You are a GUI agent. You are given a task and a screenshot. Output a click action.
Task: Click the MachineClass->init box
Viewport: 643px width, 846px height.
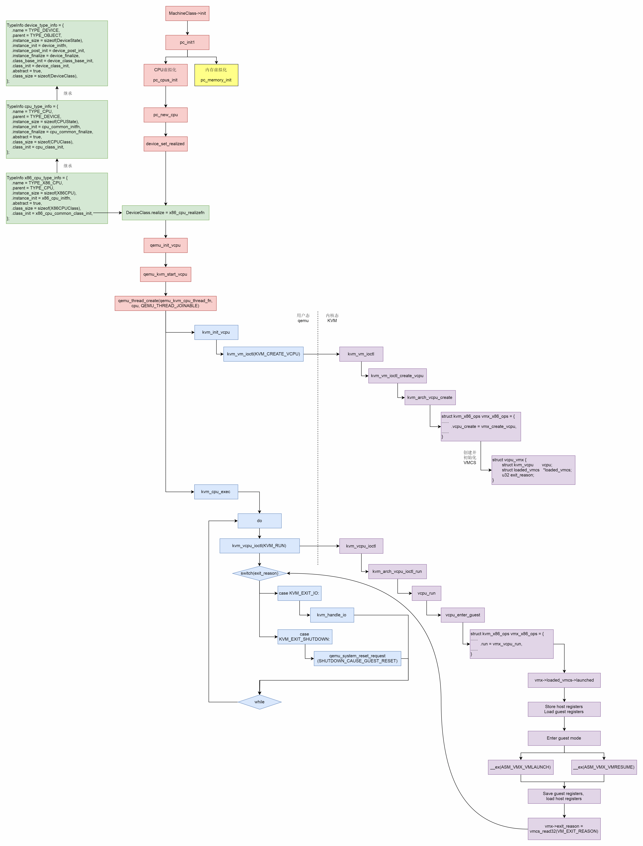(x=187, y=13)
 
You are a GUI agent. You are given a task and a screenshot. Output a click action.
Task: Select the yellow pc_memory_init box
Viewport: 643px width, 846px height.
(x=216, y=75)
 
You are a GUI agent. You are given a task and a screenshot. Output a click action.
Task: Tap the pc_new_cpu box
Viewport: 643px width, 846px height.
(x=165, y=115)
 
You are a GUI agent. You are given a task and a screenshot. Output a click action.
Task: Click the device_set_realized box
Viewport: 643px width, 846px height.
(x=165, y=144)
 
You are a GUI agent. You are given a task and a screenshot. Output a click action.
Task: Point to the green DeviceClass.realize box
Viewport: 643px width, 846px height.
(x=165, y=213)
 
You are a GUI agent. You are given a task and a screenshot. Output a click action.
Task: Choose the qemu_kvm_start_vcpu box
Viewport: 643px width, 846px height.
(x=165, y=274)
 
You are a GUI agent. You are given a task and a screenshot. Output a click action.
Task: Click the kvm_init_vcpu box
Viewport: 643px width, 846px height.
(x=216, y=332)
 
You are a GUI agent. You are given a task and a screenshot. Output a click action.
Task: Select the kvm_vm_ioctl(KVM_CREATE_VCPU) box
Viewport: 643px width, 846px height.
(x=263, y=354)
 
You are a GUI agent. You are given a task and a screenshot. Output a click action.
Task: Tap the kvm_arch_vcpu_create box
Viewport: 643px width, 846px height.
(x=430, y=398)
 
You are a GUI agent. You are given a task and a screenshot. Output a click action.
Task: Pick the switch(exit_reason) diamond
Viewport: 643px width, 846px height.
(x=259, y=573)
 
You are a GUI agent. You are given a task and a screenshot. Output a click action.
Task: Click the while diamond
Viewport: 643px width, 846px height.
(x=259, y=702)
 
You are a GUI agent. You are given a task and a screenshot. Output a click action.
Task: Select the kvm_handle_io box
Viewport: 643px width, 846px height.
(x=332, y=615)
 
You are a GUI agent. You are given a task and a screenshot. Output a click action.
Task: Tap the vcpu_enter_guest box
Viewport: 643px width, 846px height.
(x=463, y=615)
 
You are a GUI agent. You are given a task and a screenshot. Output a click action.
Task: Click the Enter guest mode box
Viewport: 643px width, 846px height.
(x=564, y=738)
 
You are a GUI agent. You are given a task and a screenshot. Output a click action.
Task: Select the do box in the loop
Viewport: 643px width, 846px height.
(x=259, y=521)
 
